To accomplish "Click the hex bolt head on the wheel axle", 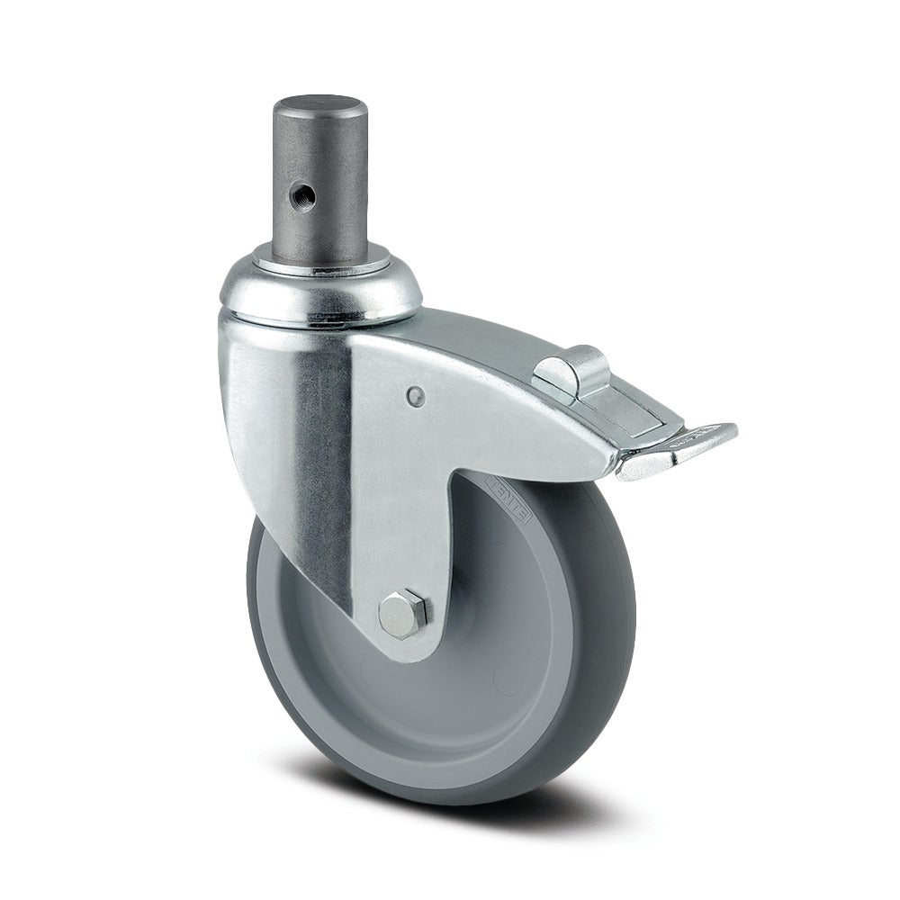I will pyautogui.click(x=396, y=613).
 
